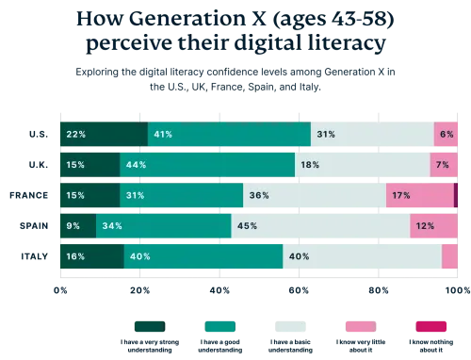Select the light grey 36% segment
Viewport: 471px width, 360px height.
314,195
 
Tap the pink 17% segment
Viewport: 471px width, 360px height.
419,195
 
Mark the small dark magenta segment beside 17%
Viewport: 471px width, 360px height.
456,195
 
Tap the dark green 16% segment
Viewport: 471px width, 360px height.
90,256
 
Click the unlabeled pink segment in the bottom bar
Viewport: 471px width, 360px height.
450,256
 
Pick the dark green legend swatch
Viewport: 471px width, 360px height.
146,327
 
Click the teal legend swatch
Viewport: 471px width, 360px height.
219,327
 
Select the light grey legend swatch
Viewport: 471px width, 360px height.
289,327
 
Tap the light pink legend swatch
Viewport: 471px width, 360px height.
361,327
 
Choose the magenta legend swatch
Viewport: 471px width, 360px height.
430,327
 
